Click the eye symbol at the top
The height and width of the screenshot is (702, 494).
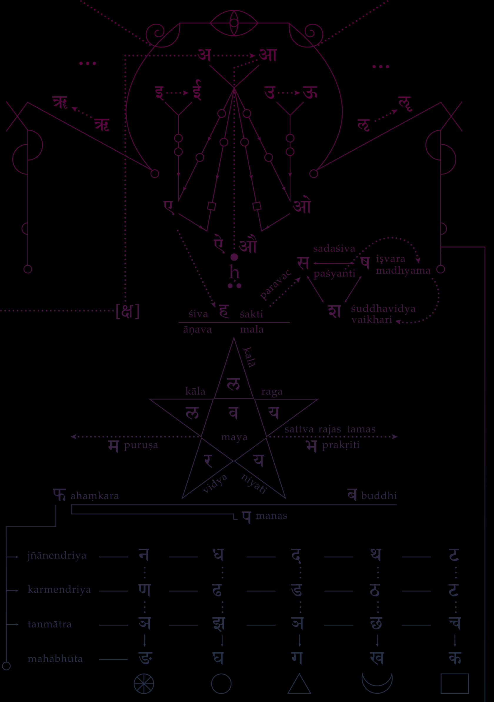coord(234,23)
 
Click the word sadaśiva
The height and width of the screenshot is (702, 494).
coord(334,249)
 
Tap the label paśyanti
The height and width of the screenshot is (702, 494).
coord(334,273)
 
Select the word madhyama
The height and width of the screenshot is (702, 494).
coord(403,271)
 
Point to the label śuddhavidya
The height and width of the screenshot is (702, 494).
coord(383,309)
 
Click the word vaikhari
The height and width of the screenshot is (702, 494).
coord(371,320)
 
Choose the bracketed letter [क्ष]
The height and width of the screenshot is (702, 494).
coord(127,311)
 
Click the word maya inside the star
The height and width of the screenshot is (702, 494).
coord(234,437)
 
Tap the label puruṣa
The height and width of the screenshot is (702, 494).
coord(141,445)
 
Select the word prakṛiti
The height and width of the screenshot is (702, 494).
coord(341,445)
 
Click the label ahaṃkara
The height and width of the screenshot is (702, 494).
coord(95,496)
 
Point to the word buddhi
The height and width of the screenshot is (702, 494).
coord(379,496)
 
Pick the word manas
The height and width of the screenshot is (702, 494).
coord(271,516)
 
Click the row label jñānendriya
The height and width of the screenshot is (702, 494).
coord(57,555)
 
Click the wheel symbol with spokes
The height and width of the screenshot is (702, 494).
coord(144,684)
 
